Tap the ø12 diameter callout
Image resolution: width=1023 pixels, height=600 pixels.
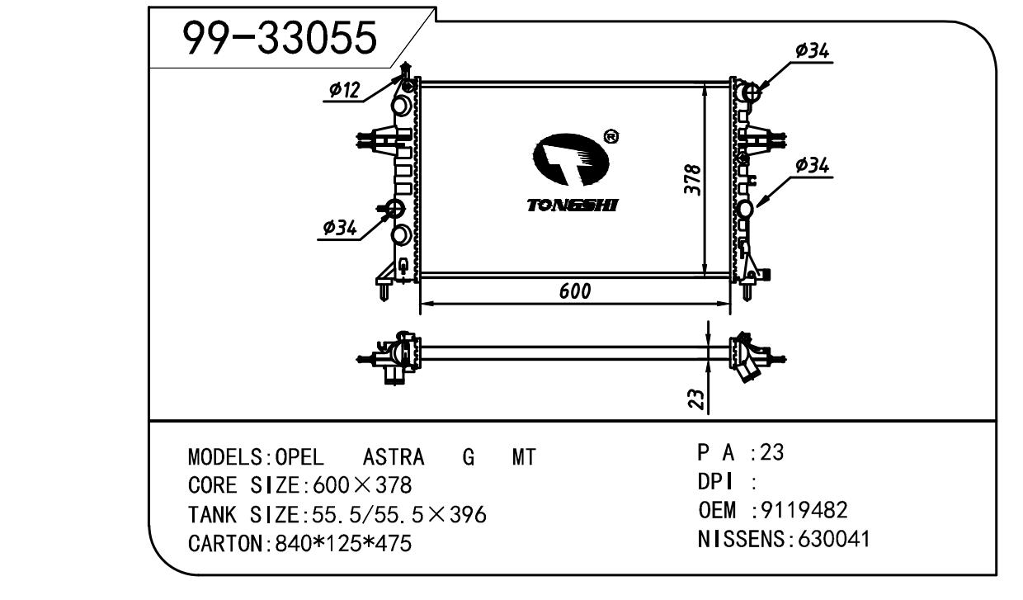tap(344, 91)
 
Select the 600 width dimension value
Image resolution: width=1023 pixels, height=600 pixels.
tap(574, 291)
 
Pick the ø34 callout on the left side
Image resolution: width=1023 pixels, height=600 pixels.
tap(339, 229)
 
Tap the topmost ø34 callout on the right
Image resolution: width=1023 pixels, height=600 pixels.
tap(812, 51)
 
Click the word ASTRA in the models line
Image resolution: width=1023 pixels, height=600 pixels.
tap(394, 457)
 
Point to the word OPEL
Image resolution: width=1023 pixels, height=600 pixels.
tap(299, 457)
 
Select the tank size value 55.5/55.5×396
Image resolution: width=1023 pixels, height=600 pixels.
tap(395, 516)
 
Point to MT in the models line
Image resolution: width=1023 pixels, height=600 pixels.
tap(524, 457)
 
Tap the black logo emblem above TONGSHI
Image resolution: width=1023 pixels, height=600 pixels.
tap(569, 160)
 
